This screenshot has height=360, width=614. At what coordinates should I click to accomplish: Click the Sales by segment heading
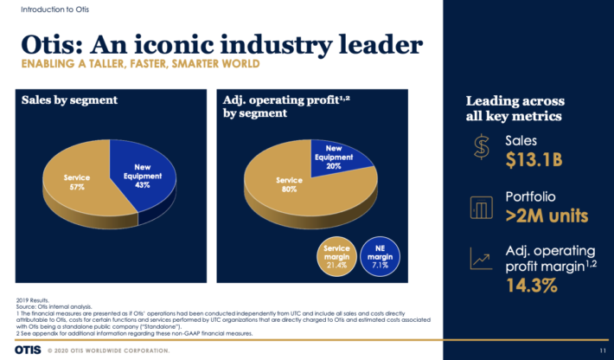click(69, 100)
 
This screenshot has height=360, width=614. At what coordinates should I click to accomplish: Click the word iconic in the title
click(169, 42)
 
